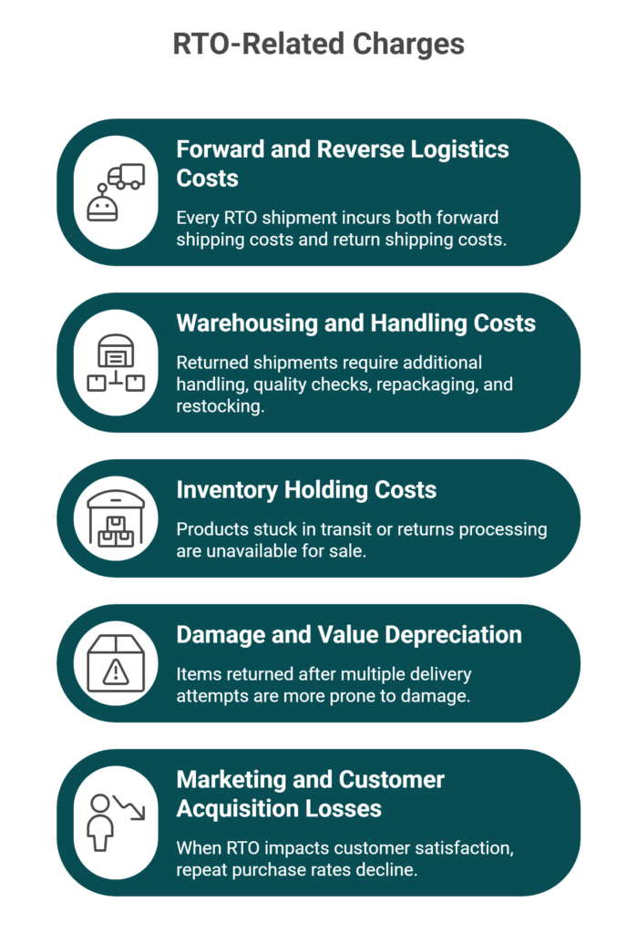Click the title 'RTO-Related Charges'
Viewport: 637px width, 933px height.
click(319, 44)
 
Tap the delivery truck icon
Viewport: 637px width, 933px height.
click(126, 176)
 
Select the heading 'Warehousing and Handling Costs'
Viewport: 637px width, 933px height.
click(356, 323)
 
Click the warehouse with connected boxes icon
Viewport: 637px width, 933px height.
click(116, 363)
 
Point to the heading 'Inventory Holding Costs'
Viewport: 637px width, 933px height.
click(306, 489)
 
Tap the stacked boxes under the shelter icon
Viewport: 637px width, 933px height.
click(116, 531)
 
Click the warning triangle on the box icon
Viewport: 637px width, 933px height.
click(116, 672)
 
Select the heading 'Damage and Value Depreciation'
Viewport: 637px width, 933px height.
click(349, 635)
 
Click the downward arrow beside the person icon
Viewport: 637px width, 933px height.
click(129, 807)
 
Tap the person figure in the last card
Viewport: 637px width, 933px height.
click(100, 822)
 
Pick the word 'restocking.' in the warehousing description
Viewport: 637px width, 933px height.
click(221, 406)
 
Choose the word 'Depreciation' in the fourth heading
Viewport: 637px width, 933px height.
click(453, 635)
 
